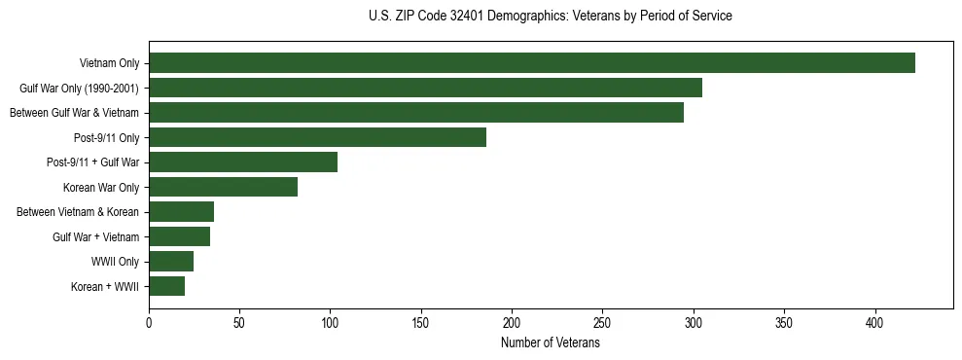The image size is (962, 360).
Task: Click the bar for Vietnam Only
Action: tap(532, 63)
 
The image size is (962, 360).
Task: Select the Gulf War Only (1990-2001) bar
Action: tap(425, 89)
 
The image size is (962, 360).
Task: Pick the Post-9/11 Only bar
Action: tap(317, 137)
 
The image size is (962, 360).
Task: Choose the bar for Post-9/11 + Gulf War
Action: tap(243, 162)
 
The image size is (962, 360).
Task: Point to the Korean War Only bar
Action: tap(223, 187)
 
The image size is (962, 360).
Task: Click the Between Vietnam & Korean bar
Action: tap(181, 212)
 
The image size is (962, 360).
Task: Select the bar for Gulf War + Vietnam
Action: tap(179, 236)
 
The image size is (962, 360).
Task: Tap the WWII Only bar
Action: tap(171, 262)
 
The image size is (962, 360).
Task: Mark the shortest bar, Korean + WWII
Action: tap(166, 286)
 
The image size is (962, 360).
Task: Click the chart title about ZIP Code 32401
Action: tap(551, 17)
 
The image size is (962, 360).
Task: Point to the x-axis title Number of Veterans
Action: tap(551, 343)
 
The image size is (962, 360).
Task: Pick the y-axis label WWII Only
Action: tap(115, 262)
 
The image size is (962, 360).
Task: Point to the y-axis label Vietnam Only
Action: tap(109, 63)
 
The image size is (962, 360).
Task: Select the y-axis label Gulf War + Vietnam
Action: tap(95, 236)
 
